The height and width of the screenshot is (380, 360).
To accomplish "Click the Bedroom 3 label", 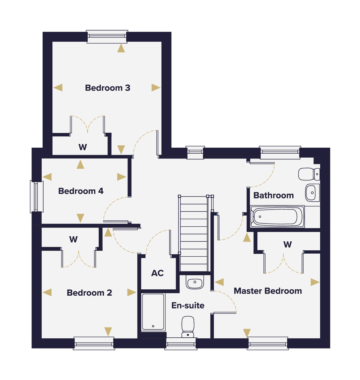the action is click(107, 88).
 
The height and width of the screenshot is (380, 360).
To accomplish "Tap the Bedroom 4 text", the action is click(81, 191).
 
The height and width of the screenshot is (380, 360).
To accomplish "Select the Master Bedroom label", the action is click(268, 291).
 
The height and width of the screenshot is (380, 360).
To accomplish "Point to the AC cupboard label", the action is click(157, 273).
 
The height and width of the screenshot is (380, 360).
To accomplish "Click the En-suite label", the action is click(188, 305).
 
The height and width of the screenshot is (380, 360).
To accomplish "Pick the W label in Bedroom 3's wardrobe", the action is click(83, 147).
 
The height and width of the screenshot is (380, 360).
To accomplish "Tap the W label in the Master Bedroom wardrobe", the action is click(287, 245).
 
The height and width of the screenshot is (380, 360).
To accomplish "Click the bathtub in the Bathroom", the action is click(277, 216).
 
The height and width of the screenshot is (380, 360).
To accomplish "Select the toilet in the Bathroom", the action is click(309, 174).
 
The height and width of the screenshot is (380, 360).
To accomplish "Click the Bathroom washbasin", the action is click(312, 193).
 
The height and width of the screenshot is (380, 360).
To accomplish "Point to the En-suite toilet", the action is click(188, 327).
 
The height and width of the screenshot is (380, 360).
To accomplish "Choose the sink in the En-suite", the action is click(195, 282).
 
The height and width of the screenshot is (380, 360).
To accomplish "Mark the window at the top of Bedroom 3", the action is click(107, 37).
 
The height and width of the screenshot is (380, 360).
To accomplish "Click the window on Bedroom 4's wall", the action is click(37, 197).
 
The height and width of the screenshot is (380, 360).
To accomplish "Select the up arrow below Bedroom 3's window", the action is click(121, 48).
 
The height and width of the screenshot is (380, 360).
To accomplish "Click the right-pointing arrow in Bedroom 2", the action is click(132, 292).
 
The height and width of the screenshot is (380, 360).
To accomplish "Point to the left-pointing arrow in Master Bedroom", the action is click(219, 282).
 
